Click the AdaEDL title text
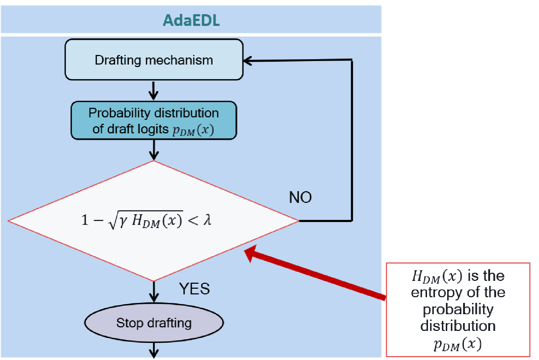(191, 20)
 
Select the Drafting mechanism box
(154, 60)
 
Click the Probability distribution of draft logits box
(154, 121)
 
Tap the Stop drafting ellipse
(154, 323)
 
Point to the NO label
(300, 197)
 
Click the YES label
(194, 289)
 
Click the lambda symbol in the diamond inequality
(207, 220)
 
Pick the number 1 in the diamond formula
(85, 220)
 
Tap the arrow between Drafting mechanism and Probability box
(153, 91)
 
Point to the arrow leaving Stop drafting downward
(154, 350)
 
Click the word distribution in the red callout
(458, 326)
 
